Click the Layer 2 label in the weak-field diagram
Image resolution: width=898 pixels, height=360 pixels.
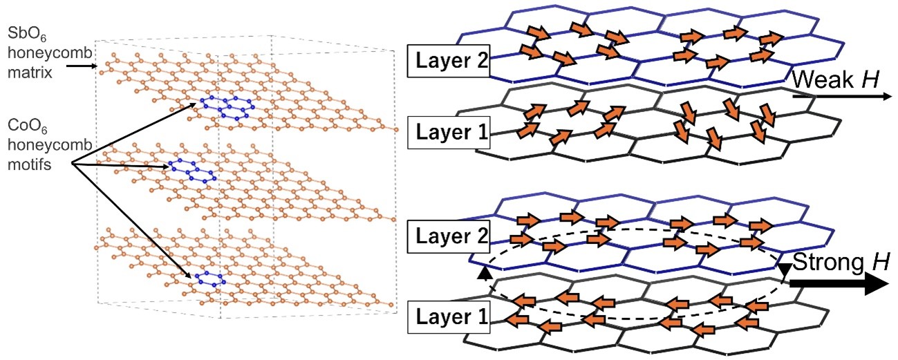pyautogui.click(x=449, y=61)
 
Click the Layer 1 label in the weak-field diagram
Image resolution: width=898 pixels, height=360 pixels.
pyautogui.click(x=449, y=132)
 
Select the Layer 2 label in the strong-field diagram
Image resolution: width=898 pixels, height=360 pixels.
pyautogui.click(x=449, y=236)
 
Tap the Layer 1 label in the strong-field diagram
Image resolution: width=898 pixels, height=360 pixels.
pyautogui.click(x=449, y=316)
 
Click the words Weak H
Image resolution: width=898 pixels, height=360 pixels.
pyautogui.click(x=836, y=79)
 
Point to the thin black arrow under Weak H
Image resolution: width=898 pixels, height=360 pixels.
pyautogui.click(x=842, y=96)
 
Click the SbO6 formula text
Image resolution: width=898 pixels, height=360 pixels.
pyautogui.click(x=27, y=34)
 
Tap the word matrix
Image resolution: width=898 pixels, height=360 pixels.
pyautogui.click(x=30, y=73)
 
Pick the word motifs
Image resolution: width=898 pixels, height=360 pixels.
pyautogui.click(x=29, y=164)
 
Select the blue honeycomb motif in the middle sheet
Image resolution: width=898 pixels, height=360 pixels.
pyautogui.click(x=192, y=171)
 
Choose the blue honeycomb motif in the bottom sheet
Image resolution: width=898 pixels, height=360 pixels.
pyautogui.click(x=210, y=279)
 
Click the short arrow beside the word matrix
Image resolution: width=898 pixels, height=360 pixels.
pyautogui.click(x=82, y=66)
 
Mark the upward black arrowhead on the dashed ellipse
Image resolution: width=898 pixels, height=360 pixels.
pyautogui.click(x=485, y=273)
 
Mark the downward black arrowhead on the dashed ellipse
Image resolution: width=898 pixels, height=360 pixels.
pyautogui.click(x=784, y=269)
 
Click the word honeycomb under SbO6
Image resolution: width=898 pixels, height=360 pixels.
pyautogui.click(x=50, y=53)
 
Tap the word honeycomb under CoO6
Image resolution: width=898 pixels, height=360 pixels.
pyautogui.click(x=50, y=145)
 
